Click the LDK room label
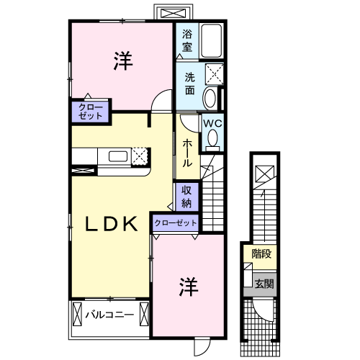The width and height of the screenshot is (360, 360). coord(112,224)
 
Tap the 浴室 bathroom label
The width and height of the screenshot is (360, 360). coord(187,40)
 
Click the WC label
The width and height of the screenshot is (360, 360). coord(212,123)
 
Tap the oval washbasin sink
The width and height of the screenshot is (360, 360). coord(211,97)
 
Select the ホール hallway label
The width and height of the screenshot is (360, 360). coord(187,153)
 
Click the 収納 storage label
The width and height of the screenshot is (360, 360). coord(187,195)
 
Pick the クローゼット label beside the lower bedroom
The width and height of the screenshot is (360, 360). coord(175,223)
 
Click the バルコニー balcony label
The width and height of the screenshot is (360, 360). coord(109,315)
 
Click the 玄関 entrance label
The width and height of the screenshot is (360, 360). coord(264,283)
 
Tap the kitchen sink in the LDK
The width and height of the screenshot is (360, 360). coord(118,157)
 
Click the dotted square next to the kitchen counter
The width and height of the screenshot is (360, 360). coord(140,156)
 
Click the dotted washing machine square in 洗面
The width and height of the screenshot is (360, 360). coord(214,73)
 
